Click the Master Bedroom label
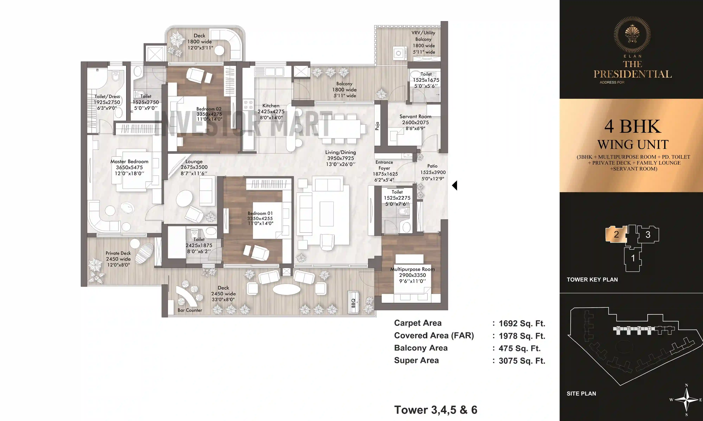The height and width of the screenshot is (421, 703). click(x=129, y=161)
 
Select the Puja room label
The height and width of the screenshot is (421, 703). click(x=377, y=126)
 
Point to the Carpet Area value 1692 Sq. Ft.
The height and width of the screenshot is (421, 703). click(x=522, y=323)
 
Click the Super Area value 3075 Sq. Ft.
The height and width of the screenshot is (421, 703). click(x=522, y=361)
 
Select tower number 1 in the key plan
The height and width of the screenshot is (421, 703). click(x=633, y=258)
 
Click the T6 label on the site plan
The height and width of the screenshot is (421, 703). click(x=618, y=329)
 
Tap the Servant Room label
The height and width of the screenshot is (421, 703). click(x=415, y=117)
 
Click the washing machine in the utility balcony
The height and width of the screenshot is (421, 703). click(x=398, y=53)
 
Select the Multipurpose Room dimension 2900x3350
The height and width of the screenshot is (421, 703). click(x=412, y=275)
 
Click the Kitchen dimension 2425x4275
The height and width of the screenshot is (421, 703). click(x=271, y=112)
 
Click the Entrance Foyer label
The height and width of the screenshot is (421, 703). click(x=384, y=165)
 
